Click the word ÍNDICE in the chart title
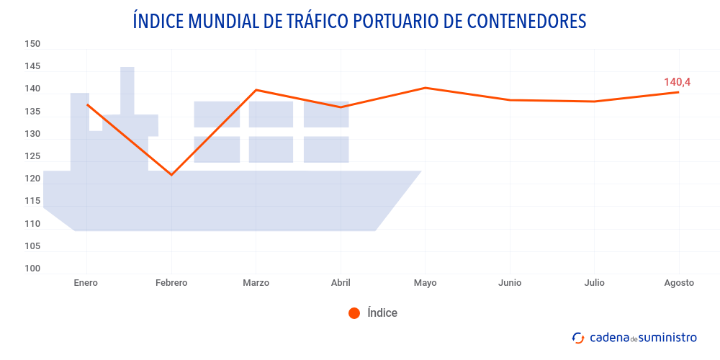[x=158, y=21]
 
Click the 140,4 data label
[x=677, y=82]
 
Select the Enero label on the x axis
[x=86, y=283]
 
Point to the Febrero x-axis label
[x=171, y=283]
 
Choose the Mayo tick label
[x=425, y=283]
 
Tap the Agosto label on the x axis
[x=679, y=283]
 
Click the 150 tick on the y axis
[x=32, y=44]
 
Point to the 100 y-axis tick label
[x=32, y=269]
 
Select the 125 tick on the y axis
[x=32, y=156]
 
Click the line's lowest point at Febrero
[x=171, y=175]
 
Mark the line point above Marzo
[x=256, y=90]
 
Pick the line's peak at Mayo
[x=425, y=88]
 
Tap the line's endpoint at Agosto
[x=678, y=92]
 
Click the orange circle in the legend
[x=354, y=313]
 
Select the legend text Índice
[x=382, y=313]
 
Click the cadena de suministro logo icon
[x=578, y=337]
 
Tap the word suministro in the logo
[x=668, y=337]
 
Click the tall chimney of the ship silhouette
[x=127, y=90]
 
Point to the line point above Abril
[x=341, y=107]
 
